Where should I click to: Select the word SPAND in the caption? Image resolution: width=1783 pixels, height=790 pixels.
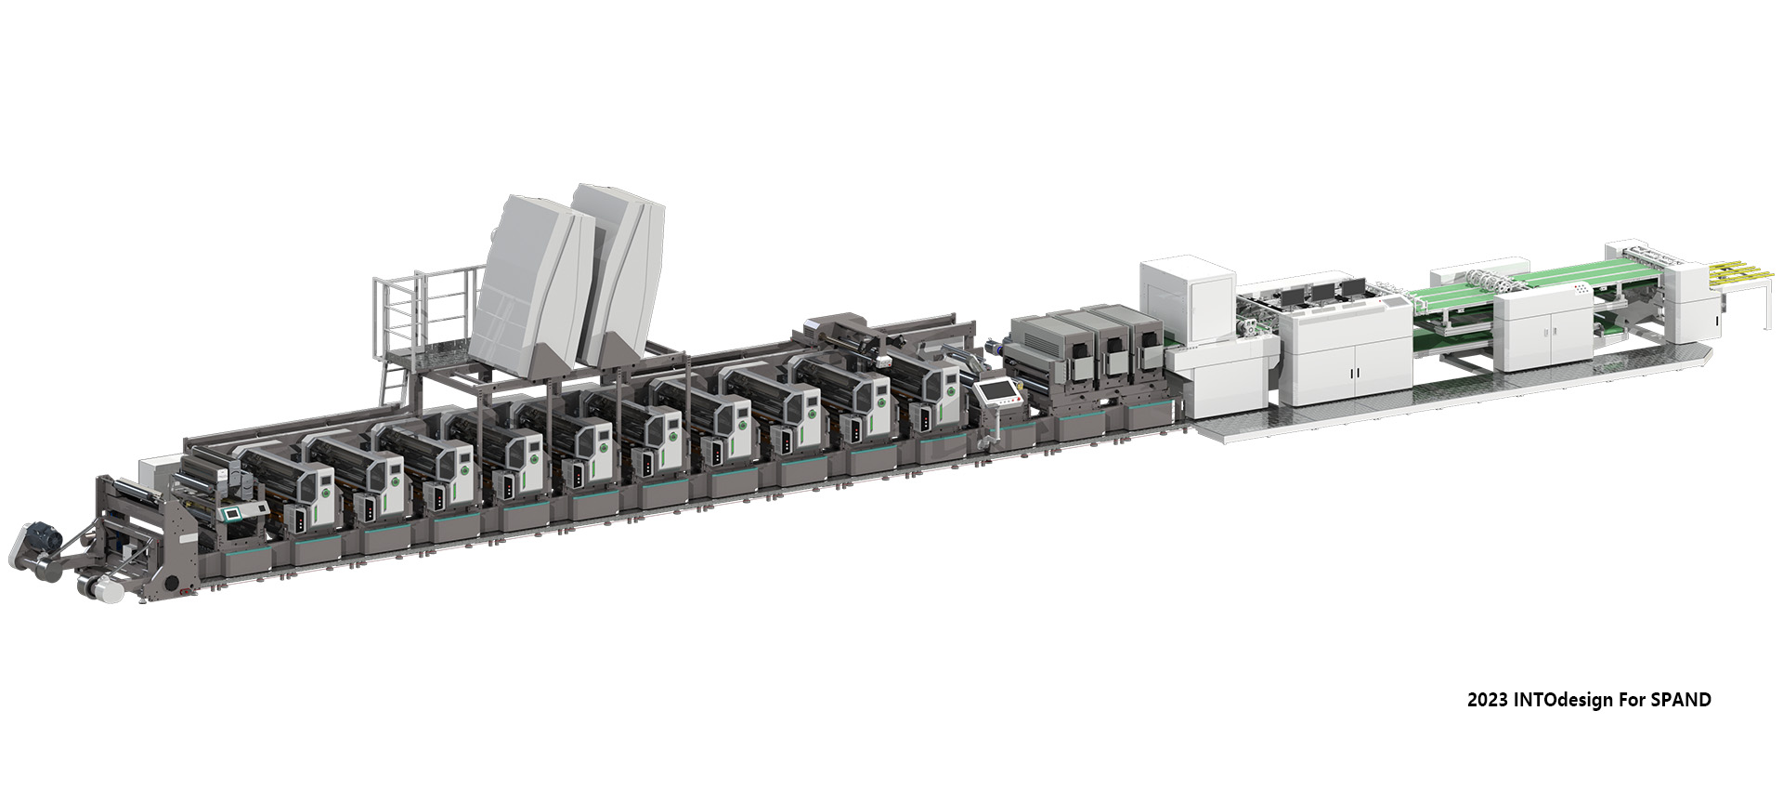click(1681, 700)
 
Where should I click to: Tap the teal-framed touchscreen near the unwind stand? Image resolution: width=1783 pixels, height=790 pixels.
click(231, 513)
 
